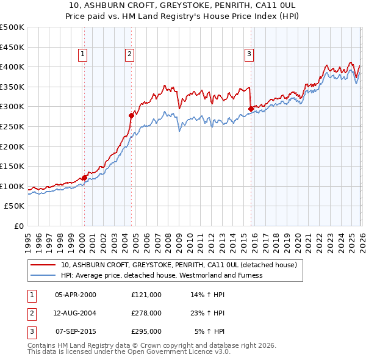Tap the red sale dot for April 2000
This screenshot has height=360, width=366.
(84, 178)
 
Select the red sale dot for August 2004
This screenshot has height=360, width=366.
(131, 115)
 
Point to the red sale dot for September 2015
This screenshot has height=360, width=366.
(251, 109)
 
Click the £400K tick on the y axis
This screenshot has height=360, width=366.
(12, 67)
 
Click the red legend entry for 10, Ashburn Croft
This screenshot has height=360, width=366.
(178, 265)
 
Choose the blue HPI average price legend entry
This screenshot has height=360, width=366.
(161, 275)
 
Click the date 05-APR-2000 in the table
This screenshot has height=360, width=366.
(75, 295)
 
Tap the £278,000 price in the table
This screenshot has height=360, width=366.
(146, 313)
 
